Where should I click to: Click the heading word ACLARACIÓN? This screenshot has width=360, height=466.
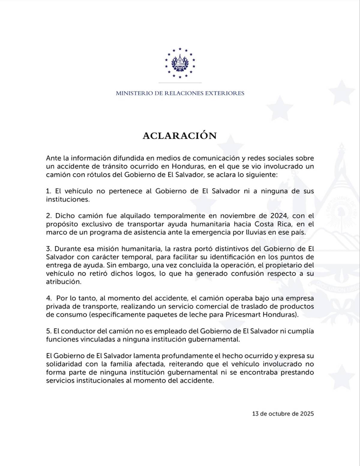point(179,136)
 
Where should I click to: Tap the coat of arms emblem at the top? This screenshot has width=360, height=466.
point(180,63)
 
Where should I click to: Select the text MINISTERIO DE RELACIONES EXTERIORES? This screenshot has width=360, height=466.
point(180,93)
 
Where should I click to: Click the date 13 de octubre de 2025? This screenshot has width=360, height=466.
point(283,414)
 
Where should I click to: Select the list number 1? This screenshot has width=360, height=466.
point(48,191)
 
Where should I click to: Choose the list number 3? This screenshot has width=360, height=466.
point(49,249)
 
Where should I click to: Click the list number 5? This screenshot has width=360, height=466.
point(49,331)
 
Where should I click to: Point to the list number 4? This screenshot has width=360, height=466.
point(49,298)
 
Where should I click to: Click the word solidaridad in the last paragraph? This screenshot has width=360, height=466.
point(61,364)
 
